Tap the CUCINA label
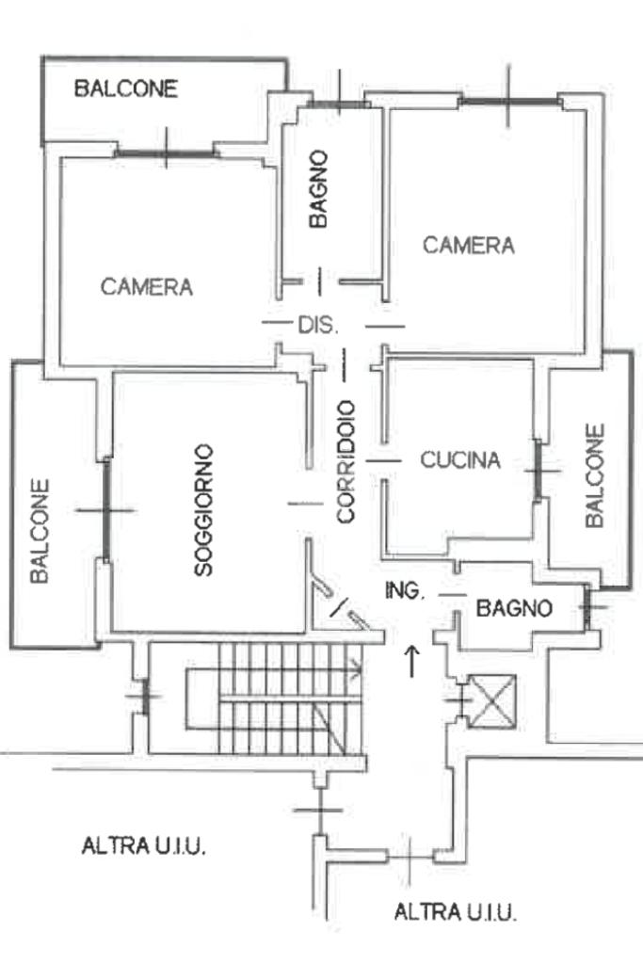click(459, 460)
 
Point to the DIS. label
click(317, 326)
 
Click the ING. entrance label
click(406, 591)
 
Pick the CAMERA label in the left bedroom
click(146, 287)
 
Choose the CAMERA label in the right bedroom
click(468, 246)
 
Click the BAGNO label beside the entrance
click(513, 608)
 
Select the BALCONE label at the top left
click(126, 89)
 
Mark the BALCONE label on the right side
click(595, 475)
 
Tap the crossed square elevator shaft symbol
click(494, 700)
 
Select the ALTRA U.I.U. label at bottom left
click(144, 845)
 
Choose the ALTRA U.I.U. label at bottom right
click(455, 911)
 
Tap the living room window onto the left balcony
click(106, 509)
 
